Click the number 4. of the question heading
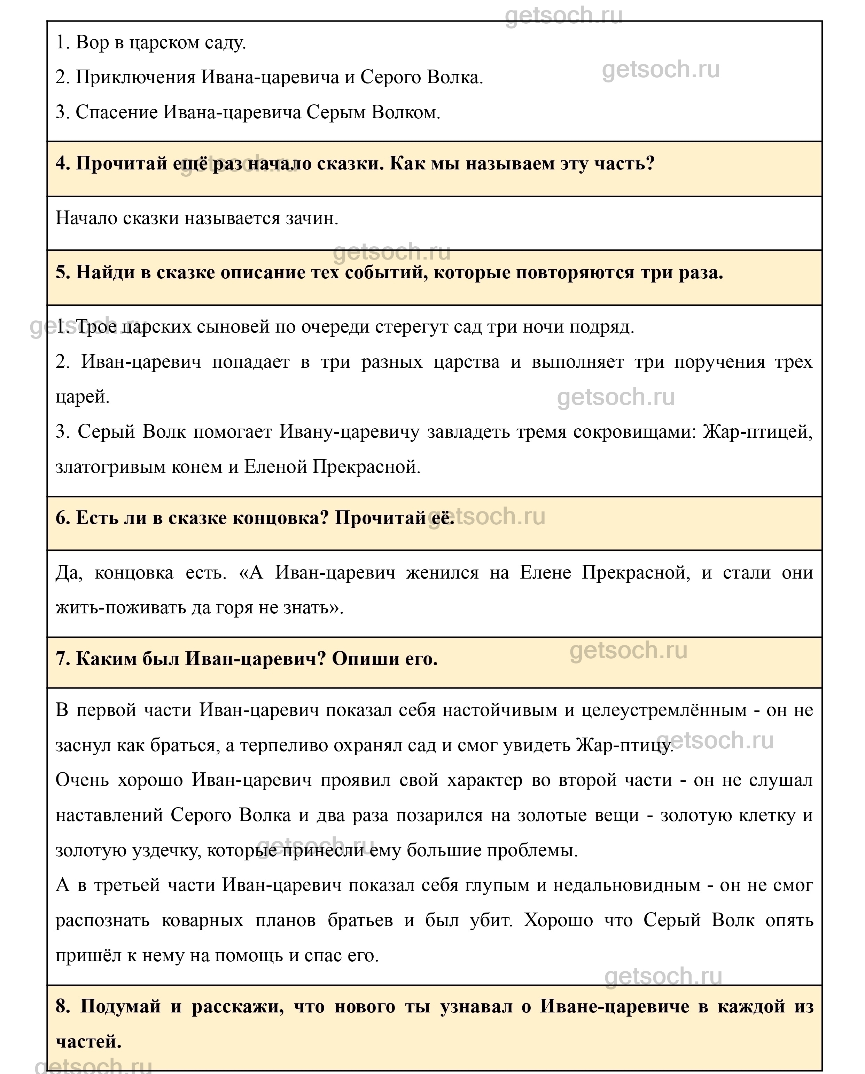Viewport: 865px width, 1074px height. point(63,164)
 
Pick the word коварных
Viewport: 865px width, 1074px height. point(202,920)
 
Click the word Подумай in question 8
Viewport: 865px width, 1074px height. point(120,1007)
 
